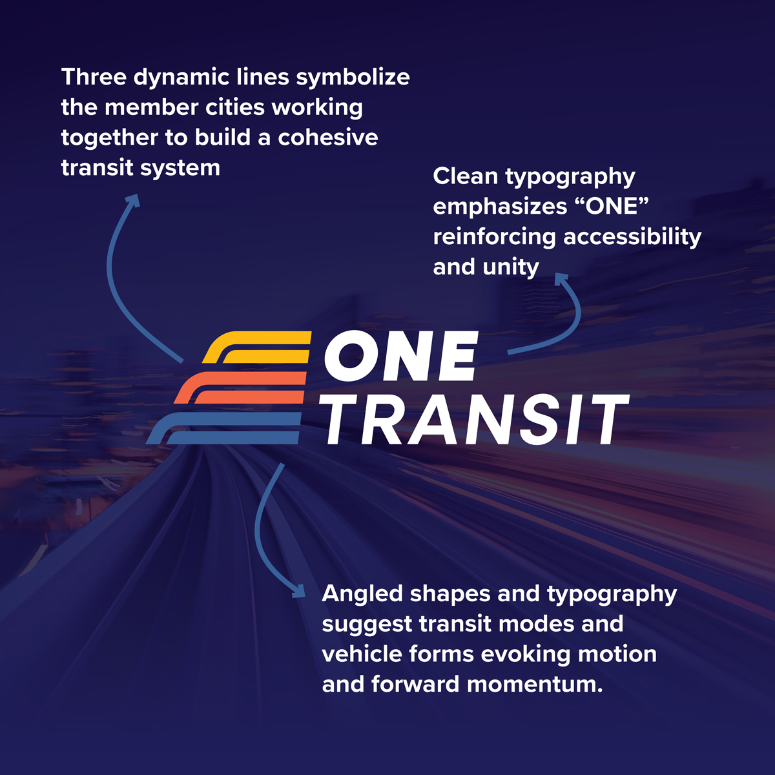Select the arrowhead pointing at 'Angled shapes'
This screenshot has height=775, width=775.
pyautogui.click(x=299, y=591)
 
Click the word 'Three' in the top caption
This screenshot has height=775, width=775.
pyautogui.click(x=94, y=77)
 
